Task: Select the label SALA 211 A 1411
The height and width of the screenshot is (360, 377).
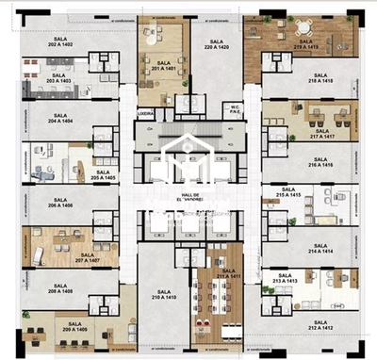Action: coord(223,273)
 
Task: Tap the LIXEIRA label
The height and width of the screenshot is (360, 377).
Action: coord(144,110)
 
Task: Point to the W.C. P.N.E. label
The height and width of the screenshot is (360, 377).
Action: coord(237,108)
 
